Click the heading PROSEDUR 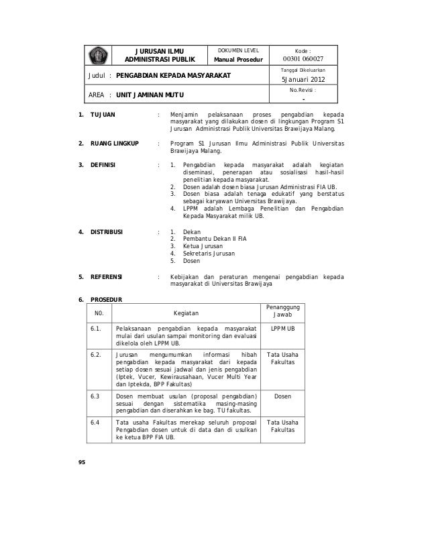coord(107,298)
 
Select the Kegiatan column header coord(186,313)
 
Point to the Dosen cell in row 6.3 coord(282,396)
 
